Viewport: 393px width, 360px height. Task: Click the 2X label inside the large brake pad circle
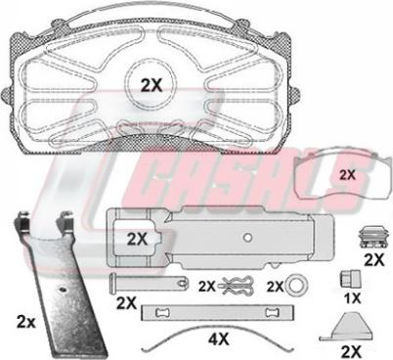[x=152, y=85]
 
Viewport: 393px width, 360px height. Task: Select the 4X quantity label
[x=218, y=340]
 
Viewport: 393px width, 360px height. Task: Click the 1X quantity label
[x=353, y=298]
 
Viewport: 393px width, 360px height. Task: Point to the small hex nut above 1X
[x=350, y=279]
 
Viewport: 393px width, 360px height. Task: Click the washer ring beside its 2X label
[x=297, y=287]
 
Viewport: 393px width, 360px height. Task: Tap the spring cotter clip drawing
[x=236, y=286]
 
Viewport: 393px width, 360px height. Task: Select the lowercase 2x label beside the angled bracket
[x=26, y=323]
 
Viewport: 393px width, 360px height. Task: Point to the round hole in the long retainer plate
[x=248, y=238]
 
